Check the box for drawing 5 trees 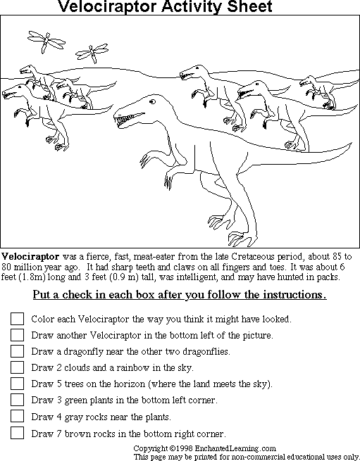pyautogui.click(x=17, y=384)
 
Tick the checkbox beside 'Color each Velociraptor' pyautogui.click(x=17, y=319)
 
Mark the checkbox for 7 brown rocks pyautogui.click(x=17, y=433)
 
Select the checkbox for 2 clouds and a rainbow pyautogui.click(x=17, y=367)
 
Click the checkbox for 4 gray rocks pyautogui.click(x=17, y=417)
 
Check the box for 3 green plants pyautogui.click(x=17, y=400)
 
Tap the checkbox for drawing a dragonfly pyautogui.click(x=17, y=351)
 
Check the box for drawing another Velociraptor pyautogui.click(x=17, y=335)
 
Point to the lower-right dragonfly pyautogui.click(x=88, y=52)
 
